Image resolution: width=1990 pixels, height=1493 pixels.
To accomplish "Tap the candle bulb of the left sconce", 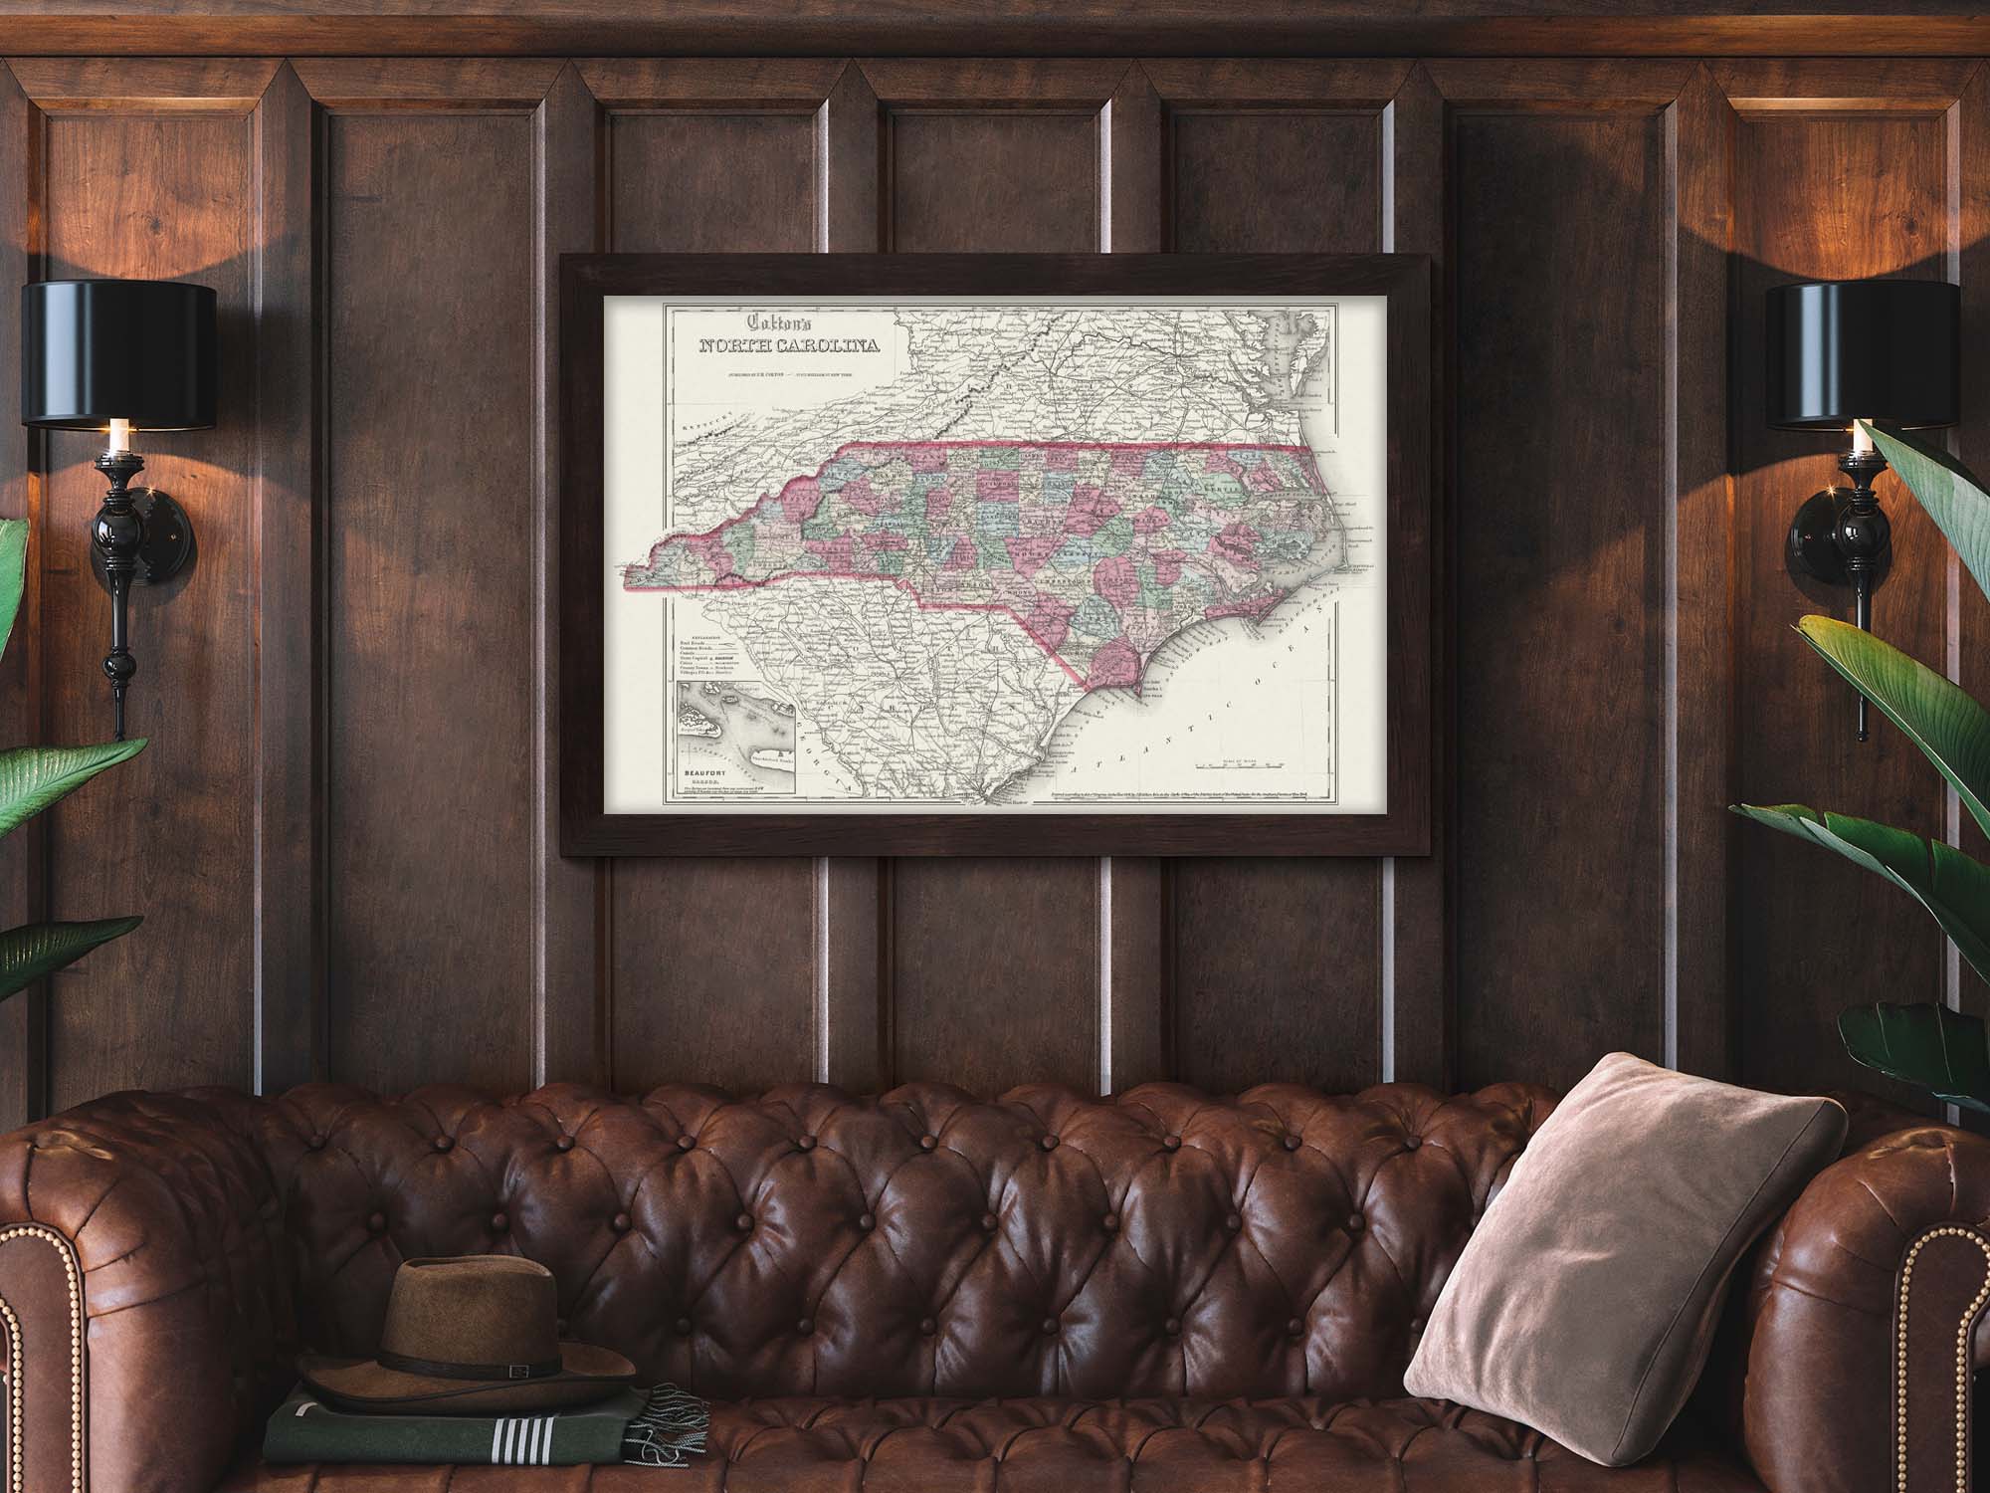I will tap(117, 434).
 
